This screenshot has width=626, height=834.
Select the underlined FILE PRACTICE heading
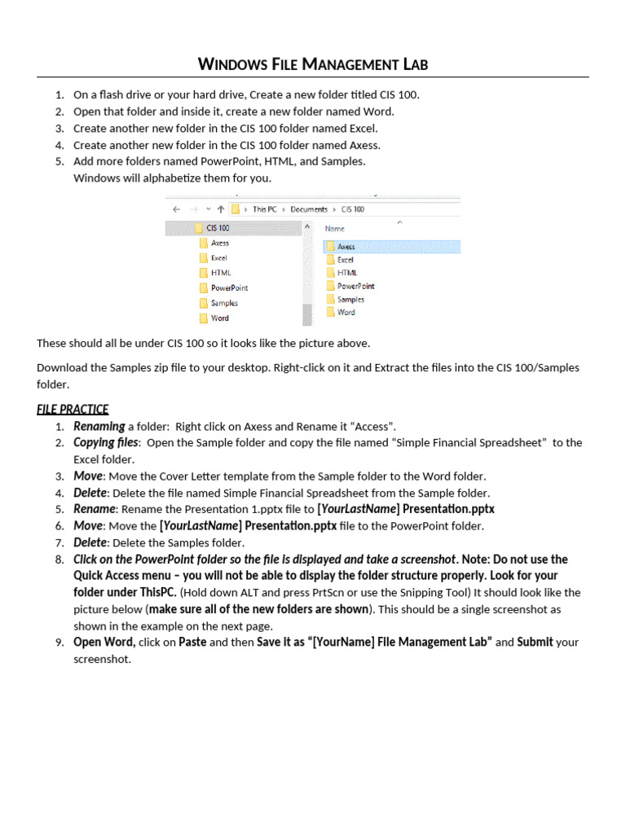point(73,409)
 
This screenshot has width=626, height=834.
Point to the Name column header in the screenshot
point(335,229)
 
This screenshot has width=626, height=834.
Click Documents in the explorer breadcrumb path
point(309,209)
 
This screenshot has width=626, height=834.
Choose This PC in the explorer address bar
point(264,209)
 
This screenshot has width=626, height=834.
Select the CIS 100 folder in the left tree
point(218,228)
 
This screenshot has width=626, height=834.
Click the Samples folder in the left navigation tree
point(224,303)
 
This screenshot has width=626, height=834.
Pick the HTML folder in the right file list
point(346,273)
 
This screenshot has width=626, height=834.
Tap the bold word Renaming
point(99,426)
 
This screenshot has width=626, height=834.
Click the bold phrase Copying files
point(106,442)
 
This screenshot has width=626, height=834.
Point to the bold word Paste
point(192,642)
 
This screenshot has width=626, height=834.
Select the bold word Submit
point(535,642)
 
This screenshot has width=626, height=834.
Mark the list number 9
point(60,643)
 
